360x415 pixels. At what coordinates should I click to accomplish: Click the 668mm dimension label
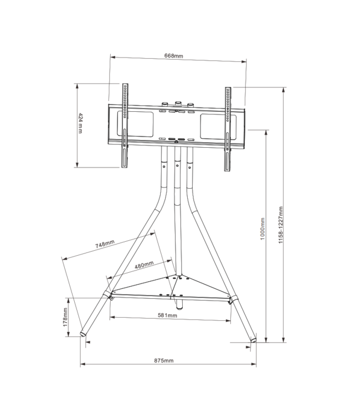(173, 56)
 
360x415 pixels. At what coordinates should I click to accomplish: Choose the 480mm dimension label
(144, 265)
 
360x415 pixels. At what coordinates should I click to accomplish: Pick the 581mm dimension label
(168, 315)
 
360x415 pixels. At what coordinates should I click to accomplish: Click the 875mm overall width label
(164, 361)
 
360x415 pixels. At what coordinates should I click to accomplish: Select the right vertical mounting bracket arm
(227, 127)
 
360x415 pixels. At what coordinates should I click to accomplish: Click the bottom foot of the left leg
(84, 334)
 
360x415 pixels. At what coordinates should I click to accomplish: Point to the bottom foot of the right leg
(254, 339)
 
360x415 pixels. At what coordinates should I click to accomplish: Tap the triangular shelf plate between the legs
(172, 285)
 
